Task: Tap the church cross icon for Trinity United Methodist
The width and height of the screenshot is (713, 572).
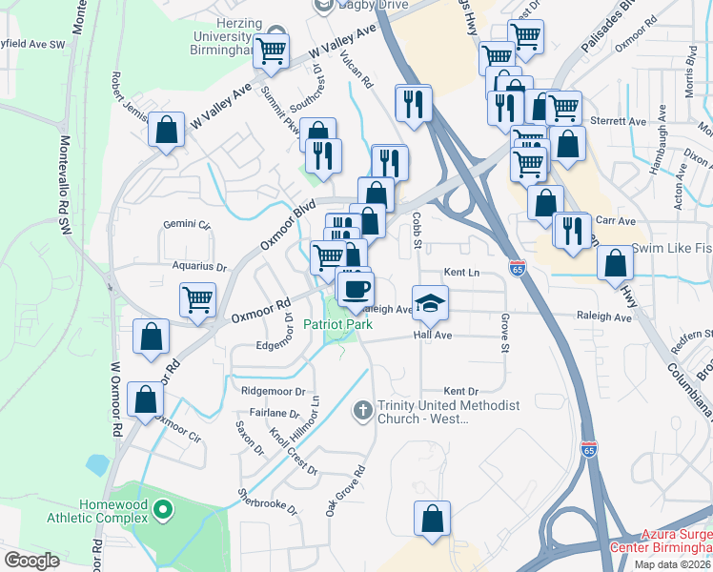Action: (361, 411)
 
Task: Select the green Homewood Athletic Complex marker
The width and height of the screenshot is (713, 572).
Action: (163, 511)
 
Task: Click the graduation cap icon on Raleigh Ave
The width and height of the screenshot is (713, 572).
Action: (431, 301)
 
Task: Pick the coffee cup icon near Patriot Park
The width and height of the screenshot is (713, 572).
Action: (356, 288)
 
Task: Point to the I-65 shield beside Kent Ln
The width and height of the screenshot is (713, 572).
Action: (517, 267)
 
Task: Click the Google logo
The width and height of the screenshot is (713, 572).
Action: (31, 561)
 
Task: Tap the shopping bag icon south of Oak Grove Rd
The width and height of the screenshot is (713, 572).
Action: (432, 520)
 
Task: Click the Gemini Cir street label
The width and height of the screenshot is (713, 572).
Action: (186, 225)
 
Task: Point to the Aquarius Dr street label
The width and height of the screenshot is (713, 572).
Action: (199, 268)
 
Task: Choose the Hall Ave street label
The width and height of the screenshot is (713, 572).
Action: (432, 336)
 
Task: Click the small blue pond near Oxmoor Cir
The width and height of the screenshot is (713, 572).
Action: (97, 465)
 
